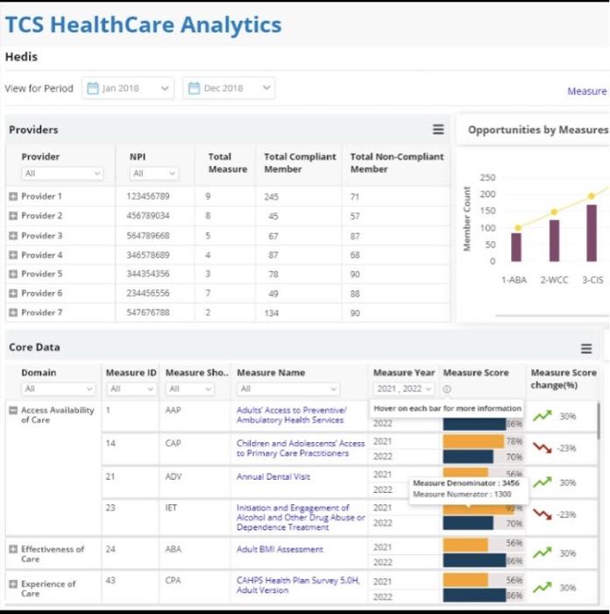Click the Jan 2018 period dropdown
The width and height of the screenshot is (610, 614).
tap(128, 89)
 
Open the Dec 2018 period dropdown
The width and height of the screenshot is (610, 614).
tap(230, 89)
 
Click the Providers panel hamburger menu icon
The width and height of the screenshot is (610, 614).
tap(438, 130)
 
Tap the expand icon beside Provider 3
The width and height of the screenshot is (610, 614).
tap(13, 236)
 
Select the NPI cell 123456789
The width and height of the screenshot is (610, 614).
tap(148, 196)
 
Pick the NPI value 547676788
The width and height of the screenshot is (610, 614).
tap(148, 312)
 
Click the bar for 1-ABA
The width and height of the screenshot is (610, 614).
tap(516, 246)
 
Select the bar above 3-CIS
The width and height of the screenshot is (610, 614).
tap(592, 232)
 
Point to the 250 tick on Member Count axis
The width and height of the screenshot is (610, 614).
tap(487, 178)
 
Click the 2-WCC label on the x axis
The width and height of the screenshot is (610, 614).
tap(554, 280)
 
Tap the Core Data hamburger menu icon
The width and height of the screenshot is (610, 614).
tap(586, 348)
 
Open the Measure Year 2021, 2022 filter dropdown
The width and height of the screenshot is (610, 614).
tap(404, 389)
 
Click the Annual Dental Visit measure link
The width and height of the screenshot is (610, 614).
tap(273, 476)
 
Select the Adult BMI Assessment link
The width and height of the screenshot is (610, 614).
tap(280, 549)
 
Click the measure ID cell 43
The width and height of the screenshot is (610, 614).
tap(110, 580)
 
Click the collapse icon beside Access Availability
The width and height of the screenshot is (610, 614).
tap(13, 411)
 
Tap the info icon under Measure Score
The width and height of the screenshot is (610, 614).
tap(447, 389)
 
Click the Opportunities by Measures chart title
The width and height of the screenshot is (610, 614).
tap(536, 130)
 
